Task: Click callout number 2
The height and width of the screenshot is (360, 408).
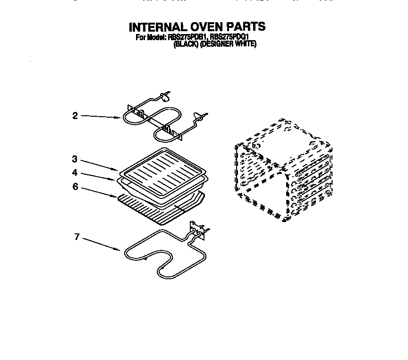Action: (75, 115)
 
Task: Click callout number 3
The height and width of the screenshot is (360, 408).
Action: (75, 159)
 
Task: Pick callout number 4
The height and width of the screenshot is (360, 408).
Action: (75, 173)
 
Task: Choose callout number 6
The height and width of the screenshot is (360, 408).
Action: (75, 187)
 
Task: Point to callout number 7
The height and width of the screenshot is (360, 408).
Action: (76, 237)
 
